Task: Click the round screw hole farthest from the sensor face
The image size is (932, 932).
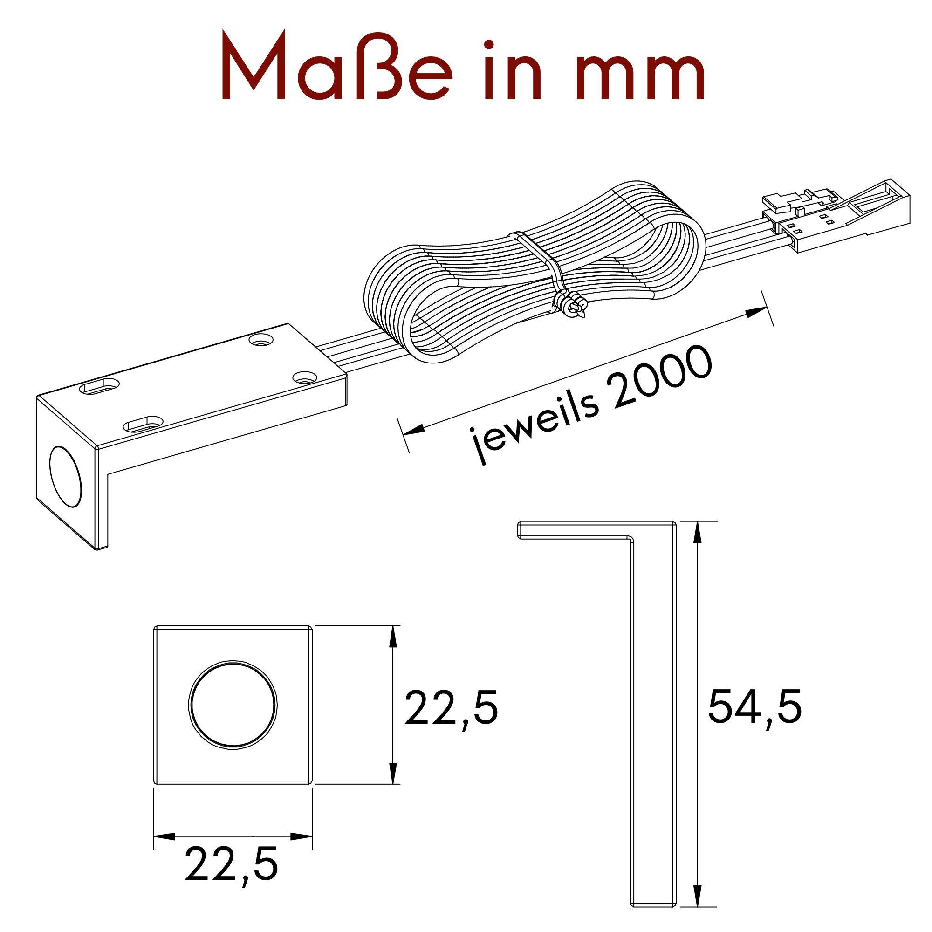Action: tap(261, 340)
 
